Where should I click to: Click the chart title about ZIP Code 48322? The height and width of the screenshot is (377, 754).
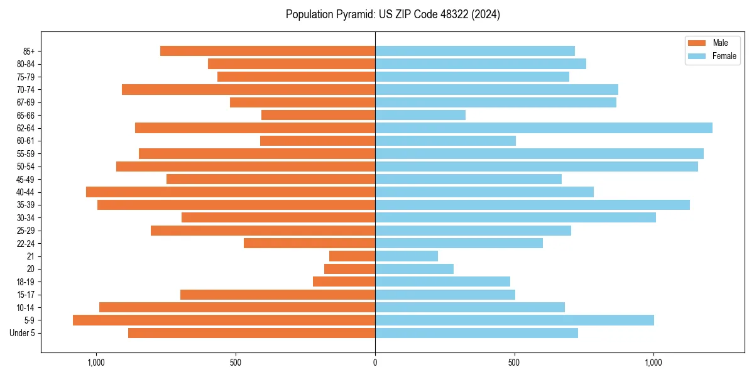[393, 14]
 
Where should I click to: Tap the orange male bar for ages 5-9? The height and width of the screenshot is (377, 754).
[224, 320]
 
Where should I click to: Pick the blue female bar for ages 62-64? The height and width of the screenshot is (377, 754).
[544, 128]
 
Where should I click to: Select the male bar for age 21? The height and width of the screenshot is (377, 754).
[352, 256]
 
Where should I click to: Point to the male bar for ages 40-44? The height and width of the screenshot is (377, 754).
[231, 192]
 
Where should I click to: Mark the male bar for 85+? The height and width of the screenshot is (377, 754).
[268, 51]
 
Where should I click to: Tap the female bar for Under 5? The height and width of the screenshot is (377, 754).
[476, 333]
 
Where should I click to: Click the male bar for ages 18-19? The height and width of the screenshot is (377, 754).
[344, 281]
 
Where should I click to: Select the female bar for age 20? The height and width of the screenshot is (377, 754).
[414, 269]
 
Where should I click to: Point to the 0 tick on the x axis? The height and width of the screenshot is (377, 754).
[375, 363]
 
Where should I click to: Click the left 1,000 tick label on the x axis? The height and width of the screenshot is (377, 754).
[96, 363]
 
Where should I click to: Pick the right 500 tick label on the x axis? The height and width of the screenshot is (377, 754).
[515, 363]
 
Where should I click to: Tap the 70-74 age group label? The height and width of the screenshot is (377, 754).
[26, 89]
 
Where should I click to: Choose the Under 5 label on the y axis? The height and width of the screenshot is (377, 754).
[22, 333]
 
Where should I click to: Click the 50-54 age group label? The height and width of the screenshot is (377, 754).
[26, 167]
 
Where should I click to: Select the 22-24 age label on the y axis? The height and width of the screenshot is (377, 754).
[26, 243]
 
